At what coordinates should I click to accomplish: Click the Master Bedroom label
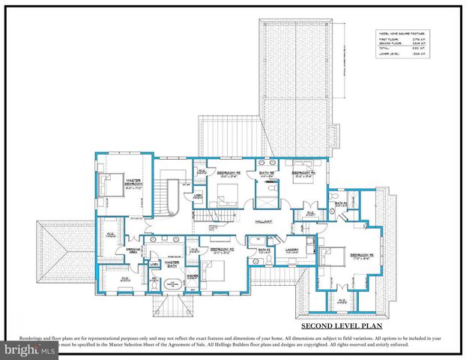click(x=133, y=182)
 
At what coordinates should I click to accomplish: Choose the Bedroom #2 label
click(x=222, y=250)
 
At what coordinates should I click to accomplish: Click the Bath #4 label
click(x=340, y=203)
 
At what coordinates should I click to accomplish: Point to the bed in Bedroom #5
click(x=330, y=256)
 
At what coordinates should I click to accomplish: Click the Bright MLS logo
click(x=28, y=350)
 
